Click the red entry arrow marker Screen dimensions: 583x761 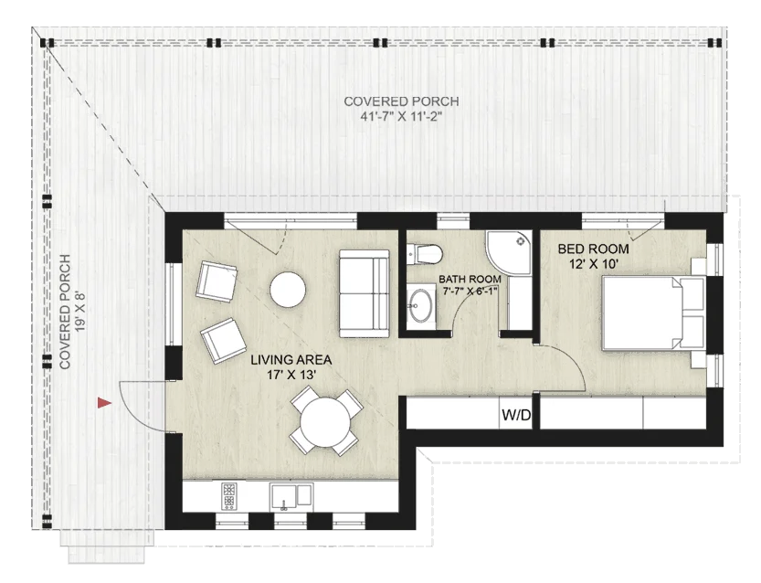point(105,401)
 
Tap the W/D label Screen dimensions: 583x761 point(516,417)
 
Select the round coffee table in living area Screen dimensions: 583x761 point(287,290)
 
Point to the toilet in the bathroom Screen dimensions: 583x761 point(425,252)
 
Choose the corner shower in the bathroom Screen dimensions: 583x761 point(510,253)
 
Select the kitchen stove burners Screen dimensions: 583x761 point(228,496)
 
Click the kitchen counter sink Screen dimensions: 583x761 point(291,497)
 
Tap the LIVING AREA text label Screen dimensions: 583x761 point(292,360)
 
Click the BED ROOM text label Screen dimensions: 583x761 point(580,249)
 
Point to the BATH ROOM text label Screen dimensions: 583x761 point(470,279)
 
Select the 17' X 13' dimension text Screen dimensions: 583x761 point(292,375)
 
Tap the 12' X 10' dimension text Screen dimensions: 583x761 point(581,263)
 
